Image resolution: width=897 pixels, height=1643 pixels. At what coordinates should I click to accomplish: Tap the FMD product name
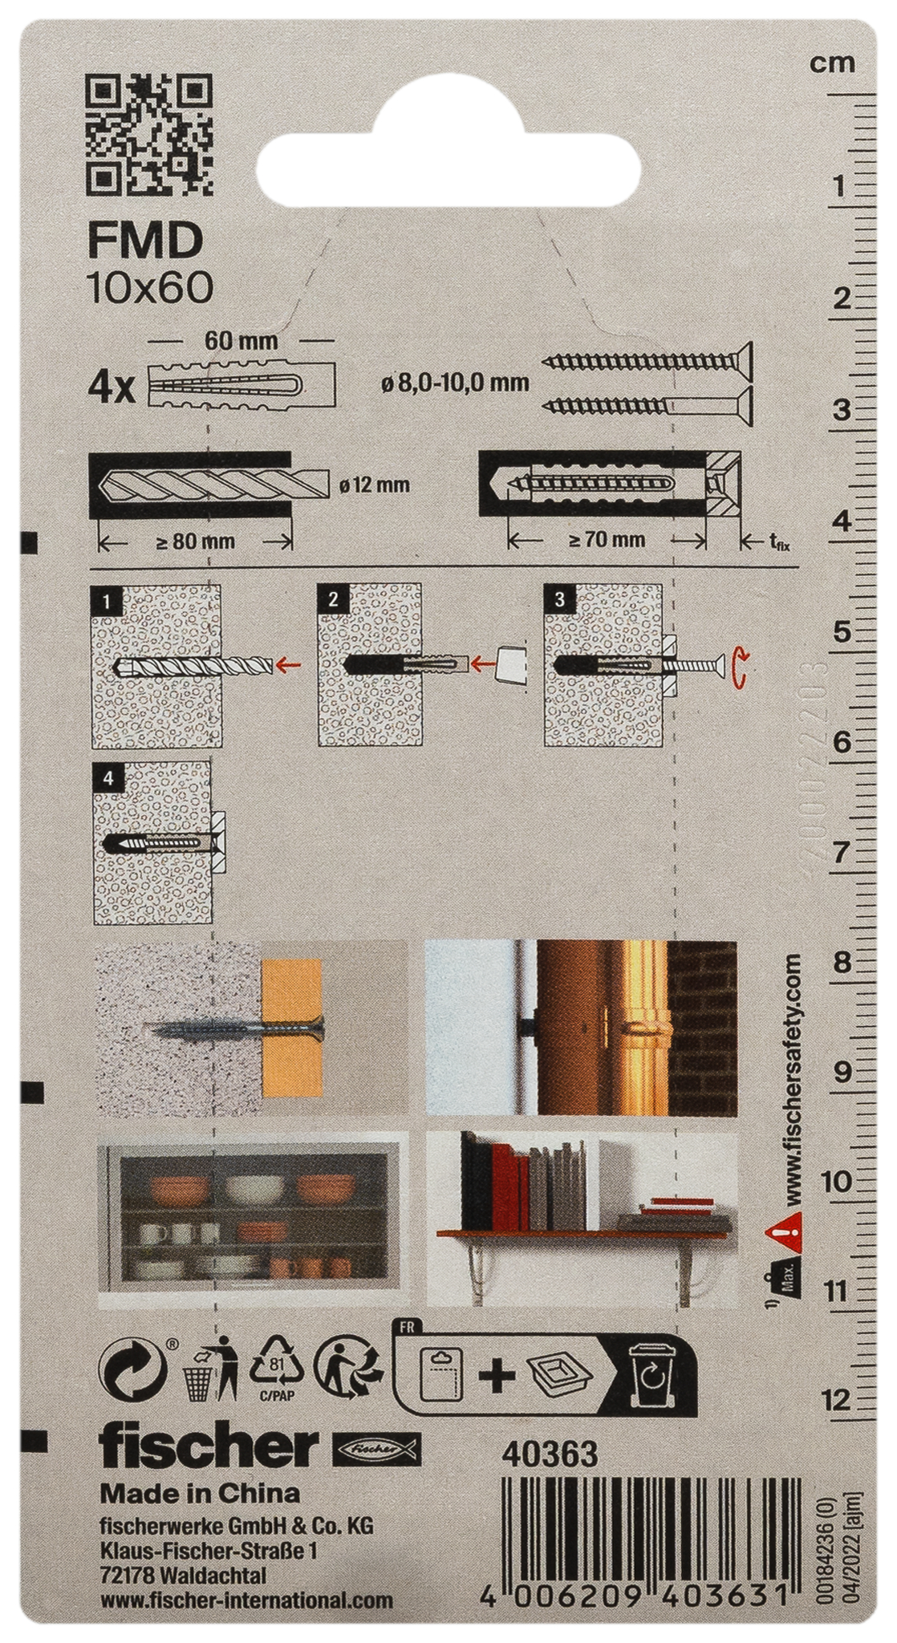pos(144,241)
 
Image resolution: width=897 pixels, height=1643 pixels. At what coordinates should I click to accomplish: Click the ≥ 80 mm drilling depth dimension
pos(195,541)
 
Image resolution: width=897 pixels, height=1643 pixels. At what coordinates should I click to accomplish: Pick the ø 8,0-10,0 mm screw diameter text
pos(455,383)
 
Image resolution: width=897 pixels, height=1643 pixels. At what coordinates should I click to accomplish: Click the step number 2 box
pos(332,599)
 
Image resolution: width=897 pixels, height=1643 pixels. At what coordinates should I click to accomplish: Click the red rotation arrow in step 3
pos(742,668)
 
